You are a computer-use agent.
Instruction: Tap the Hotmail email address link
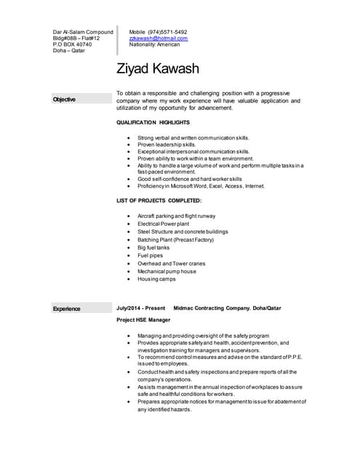(158, 38)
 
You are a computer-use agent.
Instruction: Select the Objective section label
(64, 99)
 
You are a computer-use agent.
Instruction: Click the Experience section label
(66, 309)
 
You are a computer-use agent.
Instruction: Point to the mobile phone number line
(158, 32)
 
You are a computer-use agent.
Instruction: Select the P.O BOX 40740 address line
(73, 44)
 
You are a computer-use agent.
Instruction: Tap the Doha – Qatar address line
(69, 51)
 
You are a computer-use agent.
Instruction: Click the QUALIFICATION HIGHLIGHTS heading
(153, 123)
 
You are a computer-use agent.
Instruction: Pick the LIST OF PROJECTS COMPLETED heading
(159, 200)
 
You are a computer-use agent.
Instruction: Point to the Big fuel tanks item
(153, 248)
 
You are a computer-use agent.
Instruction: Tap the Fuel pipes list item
(150, 256)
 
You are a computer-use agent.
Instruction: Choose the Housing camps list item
(156, 279)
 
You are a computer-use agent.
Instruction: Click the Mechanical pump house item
(167, 271)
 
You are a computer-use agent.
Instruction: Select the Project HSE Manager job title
(143, 320)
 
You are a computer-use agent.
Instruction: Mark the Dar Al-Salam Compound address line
(83, 32)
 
